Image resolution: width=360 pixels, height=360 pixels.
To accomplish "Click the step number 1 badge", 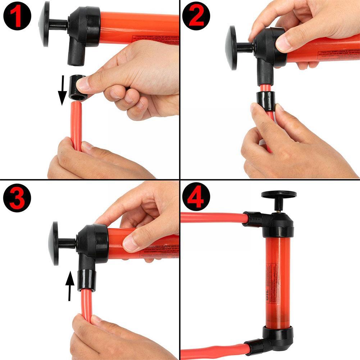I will tap(16, 16).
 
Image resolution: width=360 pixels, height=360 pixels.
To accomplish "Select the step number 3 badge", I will tap(16, 197).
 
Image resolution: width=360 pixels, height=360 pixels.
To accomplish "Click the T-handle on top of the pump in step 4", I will tap(279, 195).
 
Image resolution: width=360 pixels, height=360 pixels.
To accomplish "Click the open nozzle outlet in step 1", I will tap(76, 59).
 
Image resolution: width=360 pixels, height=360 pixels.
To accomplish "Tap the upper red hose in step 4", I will tap(212, 217).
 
